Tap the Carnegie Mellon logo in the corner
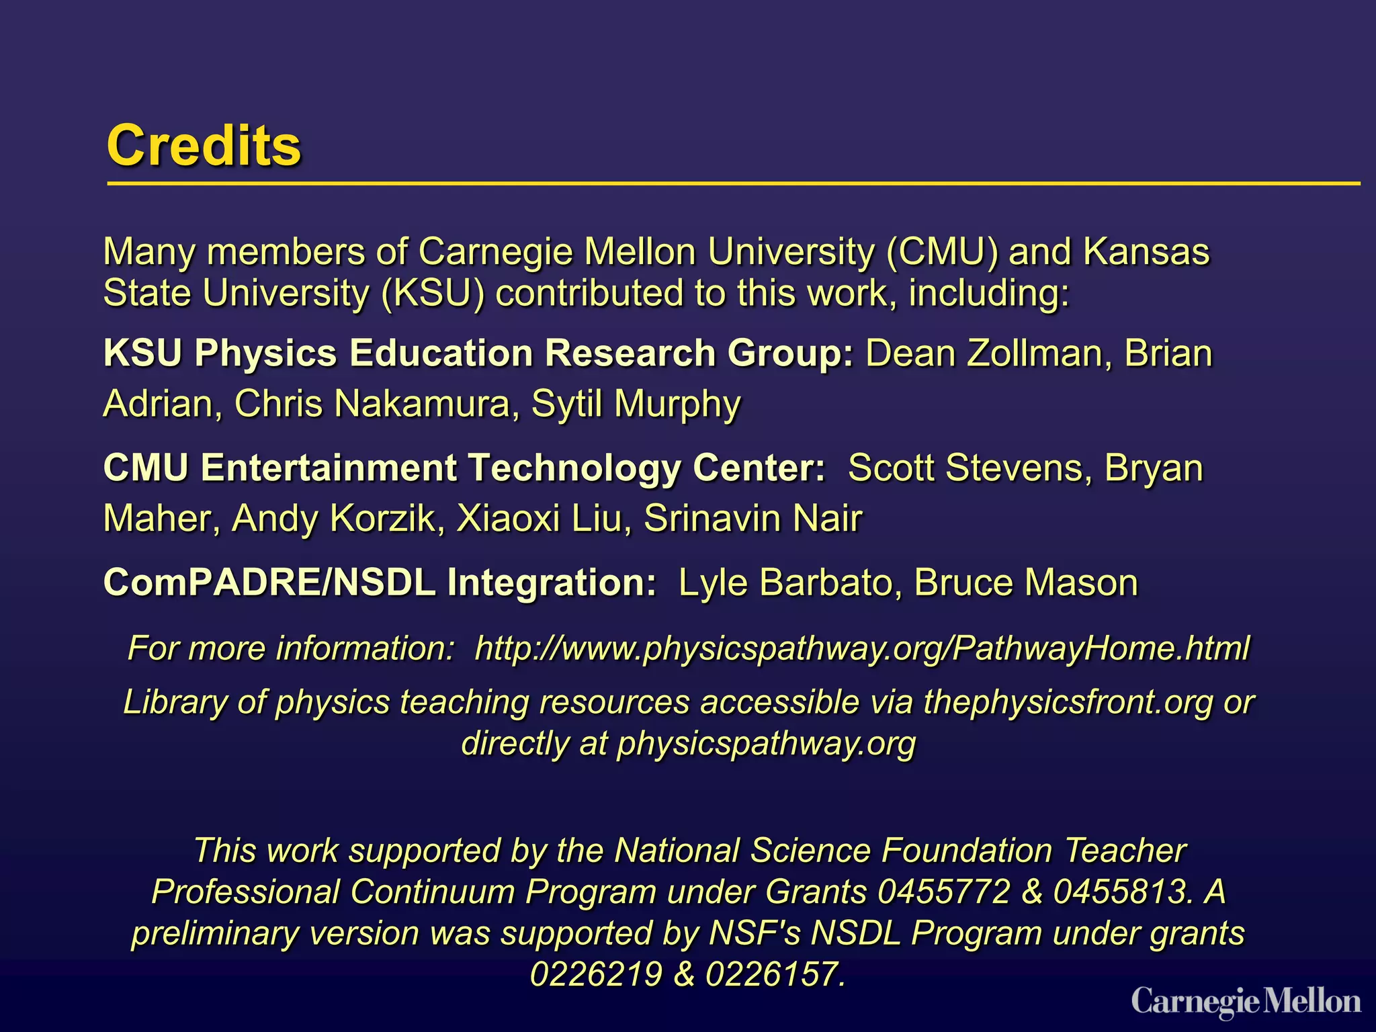pyautogui.click(x=1246, y=1002)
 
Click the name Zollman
pyautogui.click(x=1034, y=353)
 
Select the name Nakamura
pyautogui.click(x=422, y=404)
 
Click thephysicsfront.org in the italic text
pyautogui.click(x=1068, y=702)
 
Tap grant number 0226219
pyautogui.click(x=596, y=974)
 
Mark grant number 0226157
pyautogui.click(x=774, y=974)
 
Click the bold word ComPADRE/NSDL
pyautogui.click(x=269, y=583)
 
